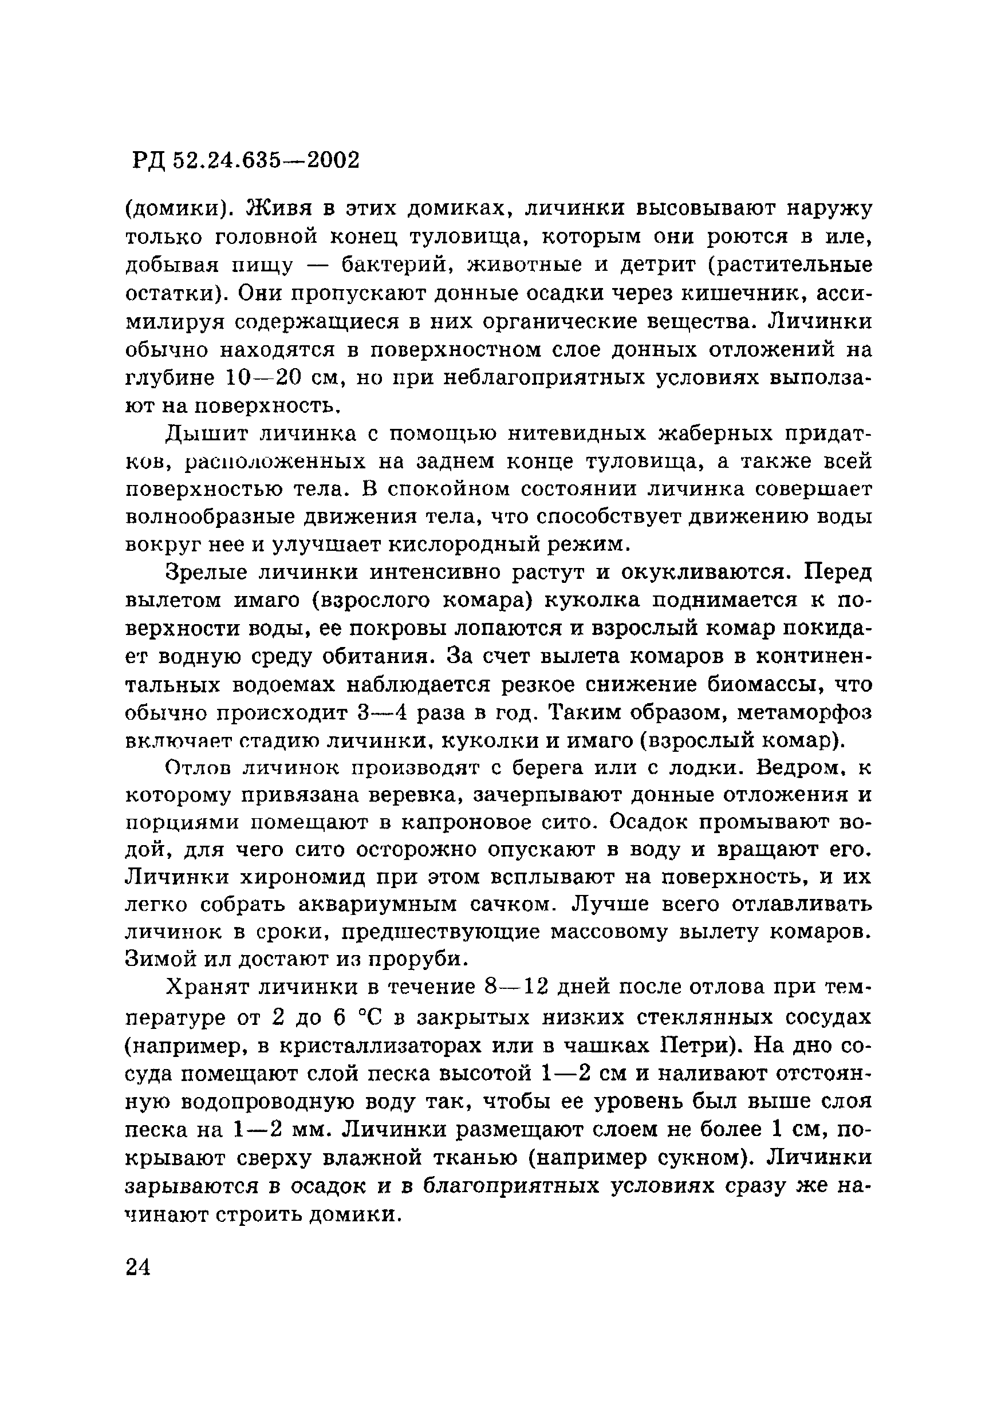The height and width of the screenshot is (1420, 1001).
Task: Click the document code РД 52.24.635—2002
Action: tap(246, 161)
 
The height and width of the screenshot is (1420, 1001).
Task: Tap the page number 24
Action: tap(138, 1267)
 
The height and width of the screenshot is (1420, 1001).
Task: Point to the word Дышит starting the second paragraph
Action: tap(204, 433)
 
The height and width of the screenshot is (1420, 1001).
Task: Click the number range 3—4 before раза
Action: tap(383, 712)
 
